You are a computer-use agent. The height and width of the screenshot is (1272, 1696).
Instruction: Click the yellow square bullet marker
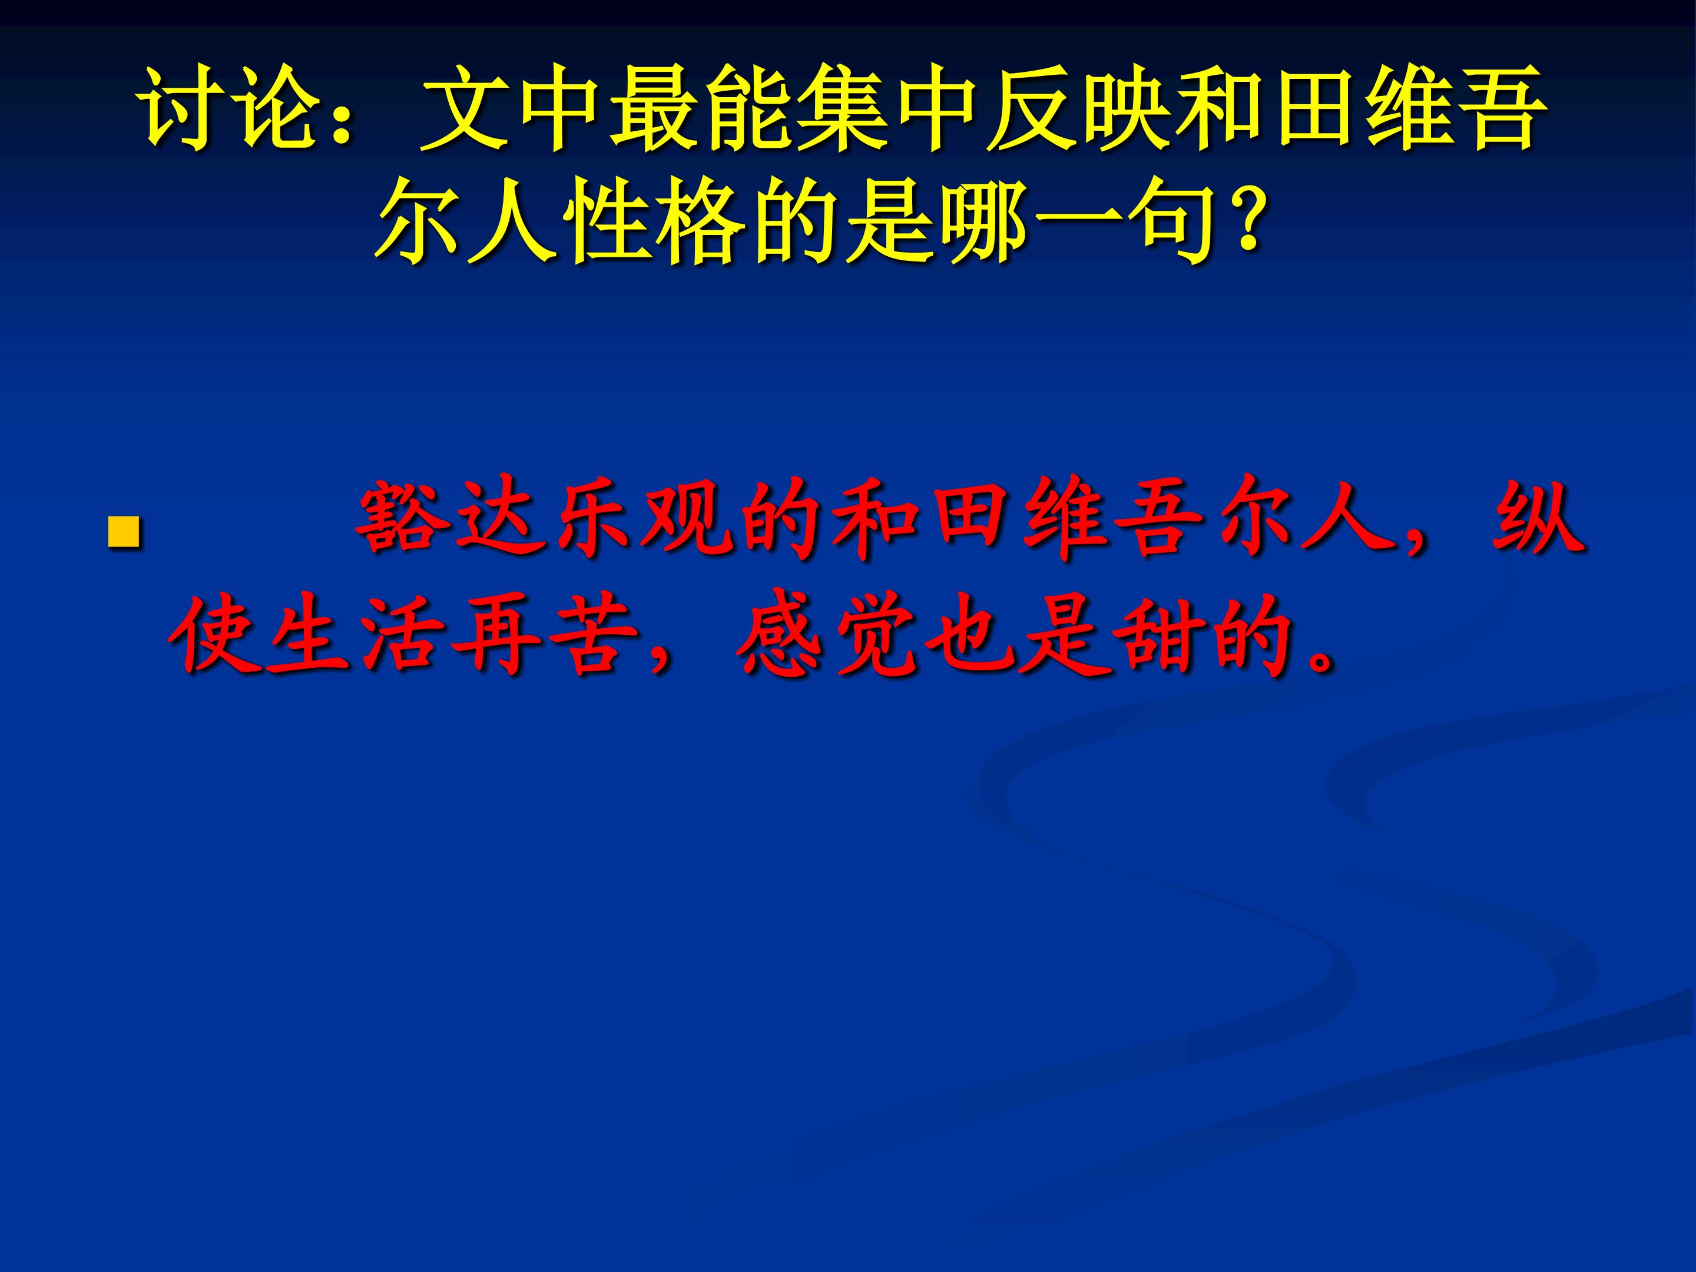[x=124, y=532]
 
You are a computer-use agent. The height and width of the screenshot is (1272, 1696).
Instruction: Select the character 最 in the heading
[x=655, y=109]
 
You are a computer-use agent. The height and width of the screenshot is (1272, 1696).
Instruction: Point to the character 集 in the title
[x=843, y=109]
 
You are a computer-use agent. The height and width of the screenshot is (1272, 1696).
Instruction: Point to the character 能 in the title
[x=750, y=109]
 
